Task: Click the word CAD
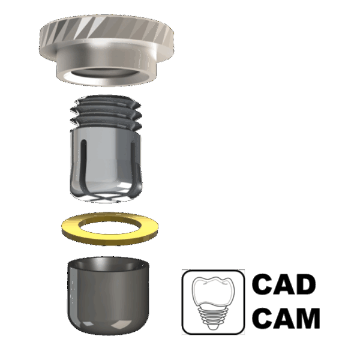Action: click(x=284, y=284)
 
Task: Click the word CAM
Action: click(x=286, y=318)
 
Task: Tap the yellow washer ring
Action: click(x=110, y=236)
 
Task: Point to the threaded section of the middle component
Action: click(x=106, y=113)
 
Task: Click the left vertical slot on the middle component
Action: click(x=84, y=166)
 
